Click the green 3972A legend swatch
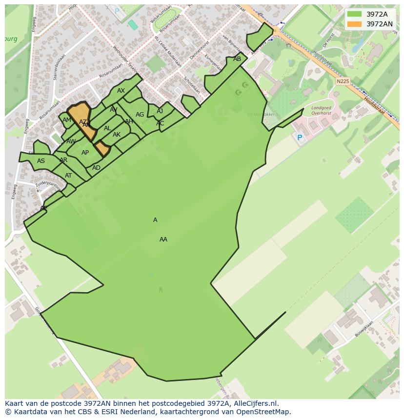(x=354, y=14)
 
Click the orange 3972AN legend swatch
(x=354, y=24)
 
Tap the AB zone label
(x=237, y=59)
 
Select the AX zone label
(x=121, y=91)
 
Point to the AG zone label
(x=140, y=115)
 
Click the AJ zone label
(x=160, y=111)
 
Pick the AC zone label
(x=160, y=123)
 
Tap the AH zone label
(x=129, y=121)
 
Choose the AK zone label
(x=117, y=135)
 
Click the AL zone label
(x=107, y=128)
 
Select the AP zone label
(x=85, y=153)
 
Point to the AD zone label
(x=97, y=168)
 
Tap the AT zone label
(x=68, y=176)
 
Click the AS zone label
(x=41, y=161)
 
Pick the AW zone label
(x=71, y=141)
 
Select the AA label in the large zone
(x=163, y=240)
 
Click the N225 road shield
(x=343, y=81)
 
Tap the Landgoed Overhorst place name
(x=321, y=110)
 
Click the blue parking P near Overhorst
(x=300, y=138)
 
